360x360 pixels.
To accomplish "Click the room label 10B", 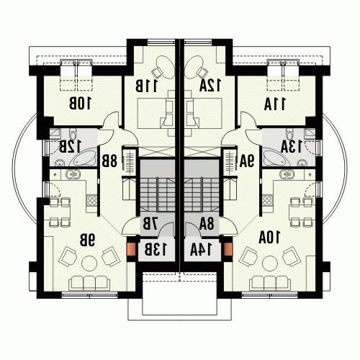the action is click(x=80, y=104).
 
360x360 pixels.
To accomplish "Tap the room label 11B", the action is click(x=146, y=86).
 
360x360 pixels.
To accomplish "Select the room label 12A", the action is click(x=210, y=86).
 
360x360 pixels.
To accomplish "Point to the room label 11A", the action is click(x=275, y=104).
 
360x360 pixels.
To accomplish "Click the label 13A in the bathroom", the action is click(x=292, y=146).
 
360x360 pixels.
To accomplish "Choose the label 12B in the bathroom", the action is click(x=70, y=147).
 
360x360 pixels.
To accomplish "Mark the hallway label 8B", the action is click(x=109, y=161).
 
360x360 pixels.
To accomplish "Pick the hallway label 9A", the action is click(x=247, y=161).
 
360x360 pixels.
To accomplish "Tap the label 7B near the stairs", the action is click(x=150, y=224).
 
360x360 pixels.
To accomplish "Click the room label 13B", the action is click(x=156, y=250).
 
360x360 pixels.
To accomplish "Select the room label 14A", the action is click(x=201, y=250).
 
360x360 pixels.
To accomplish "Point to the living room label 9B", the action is click(x=87, y=240).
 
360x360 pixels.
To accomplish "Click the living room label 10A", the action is click(x=269, y=238).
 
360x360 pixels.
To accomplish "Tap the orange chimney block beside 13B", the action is click(x=132, y=249).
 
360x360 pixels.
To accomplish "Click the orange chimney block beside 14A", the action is click(x=228, y=249).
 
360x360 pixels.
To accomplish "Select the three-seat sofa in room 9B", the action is click(x=89, y=283).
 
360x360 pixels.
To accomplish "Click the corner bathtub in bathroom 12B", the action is click(x=83, y=158).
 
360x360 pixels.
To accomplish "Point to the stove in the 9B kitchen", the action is click(x=91, y=201).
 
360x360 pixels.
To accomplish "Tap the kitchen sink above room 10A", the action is click(x=287, y=174).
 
